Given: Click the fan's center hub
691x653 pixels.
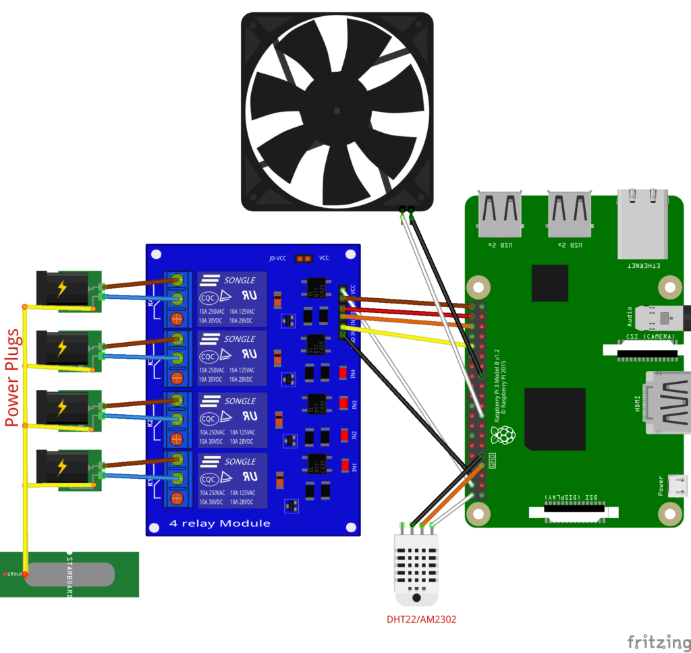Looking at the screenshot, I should coord(337,110).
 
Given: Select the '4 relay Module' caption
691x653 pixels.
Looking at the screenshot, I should coord(219,523).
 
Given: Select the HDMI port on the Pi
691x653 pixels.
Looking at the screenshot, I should coord(668,402).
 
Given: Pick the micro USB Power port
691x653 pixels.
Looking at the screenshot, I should coord(678,486).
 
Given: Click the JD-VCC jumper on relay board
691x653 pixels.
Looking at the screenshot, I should coord(304,258).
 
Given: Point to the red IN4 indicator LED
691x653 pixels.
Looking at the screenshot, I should coord(343,372).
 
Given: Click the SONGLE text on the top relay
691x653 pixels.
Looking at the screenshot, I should coord(240,279).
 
